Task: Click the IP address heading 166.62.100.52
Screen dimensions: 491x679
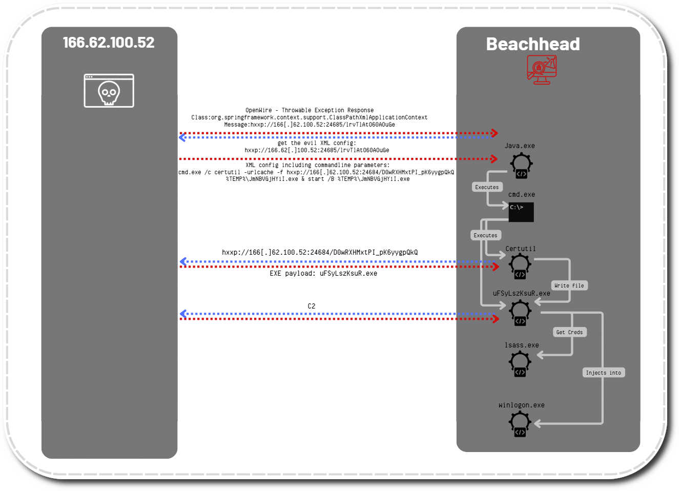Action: tap(109, 43)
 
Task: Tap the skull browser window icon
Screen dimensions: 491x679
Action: tap(109, 91)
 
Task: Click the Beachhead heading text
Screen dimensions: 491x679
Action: tap(532, 44)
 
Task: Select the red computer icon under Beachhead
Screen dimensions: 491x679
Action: tap(541, 69)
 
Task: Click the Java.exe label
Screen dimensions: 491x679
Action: tap(520, 146)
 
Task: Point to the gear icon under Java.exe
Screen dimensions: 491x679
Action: tap(521, 165)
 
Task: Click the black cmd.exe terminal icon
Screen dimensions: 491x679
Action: tap(521, 212)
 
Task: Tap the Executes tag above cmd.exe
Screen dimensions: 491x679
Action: tap(487, 187)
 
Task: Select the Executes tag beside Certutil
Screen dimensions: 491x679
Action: tap(485, 235)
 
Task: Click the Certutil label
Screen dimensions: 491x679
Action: tap(520, 249)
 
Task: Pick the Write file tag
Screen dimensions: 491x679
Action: tap(569, 285)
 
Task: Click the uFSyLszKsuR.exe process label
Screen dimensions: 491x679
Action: tap(521, 294)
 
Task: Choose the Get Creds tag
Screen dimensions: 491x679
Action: tap(569, 332)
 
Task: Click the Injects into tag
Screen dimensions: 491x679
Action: tap(603, 373)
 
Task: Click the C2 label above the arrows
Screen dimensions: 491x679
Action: tap(312, 306)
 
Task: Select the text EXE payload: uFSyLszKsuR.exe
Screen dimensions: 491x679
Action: tap(323, 274)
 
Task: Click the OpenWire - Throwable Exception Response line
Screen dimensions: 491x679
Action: tap(310, 110)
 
